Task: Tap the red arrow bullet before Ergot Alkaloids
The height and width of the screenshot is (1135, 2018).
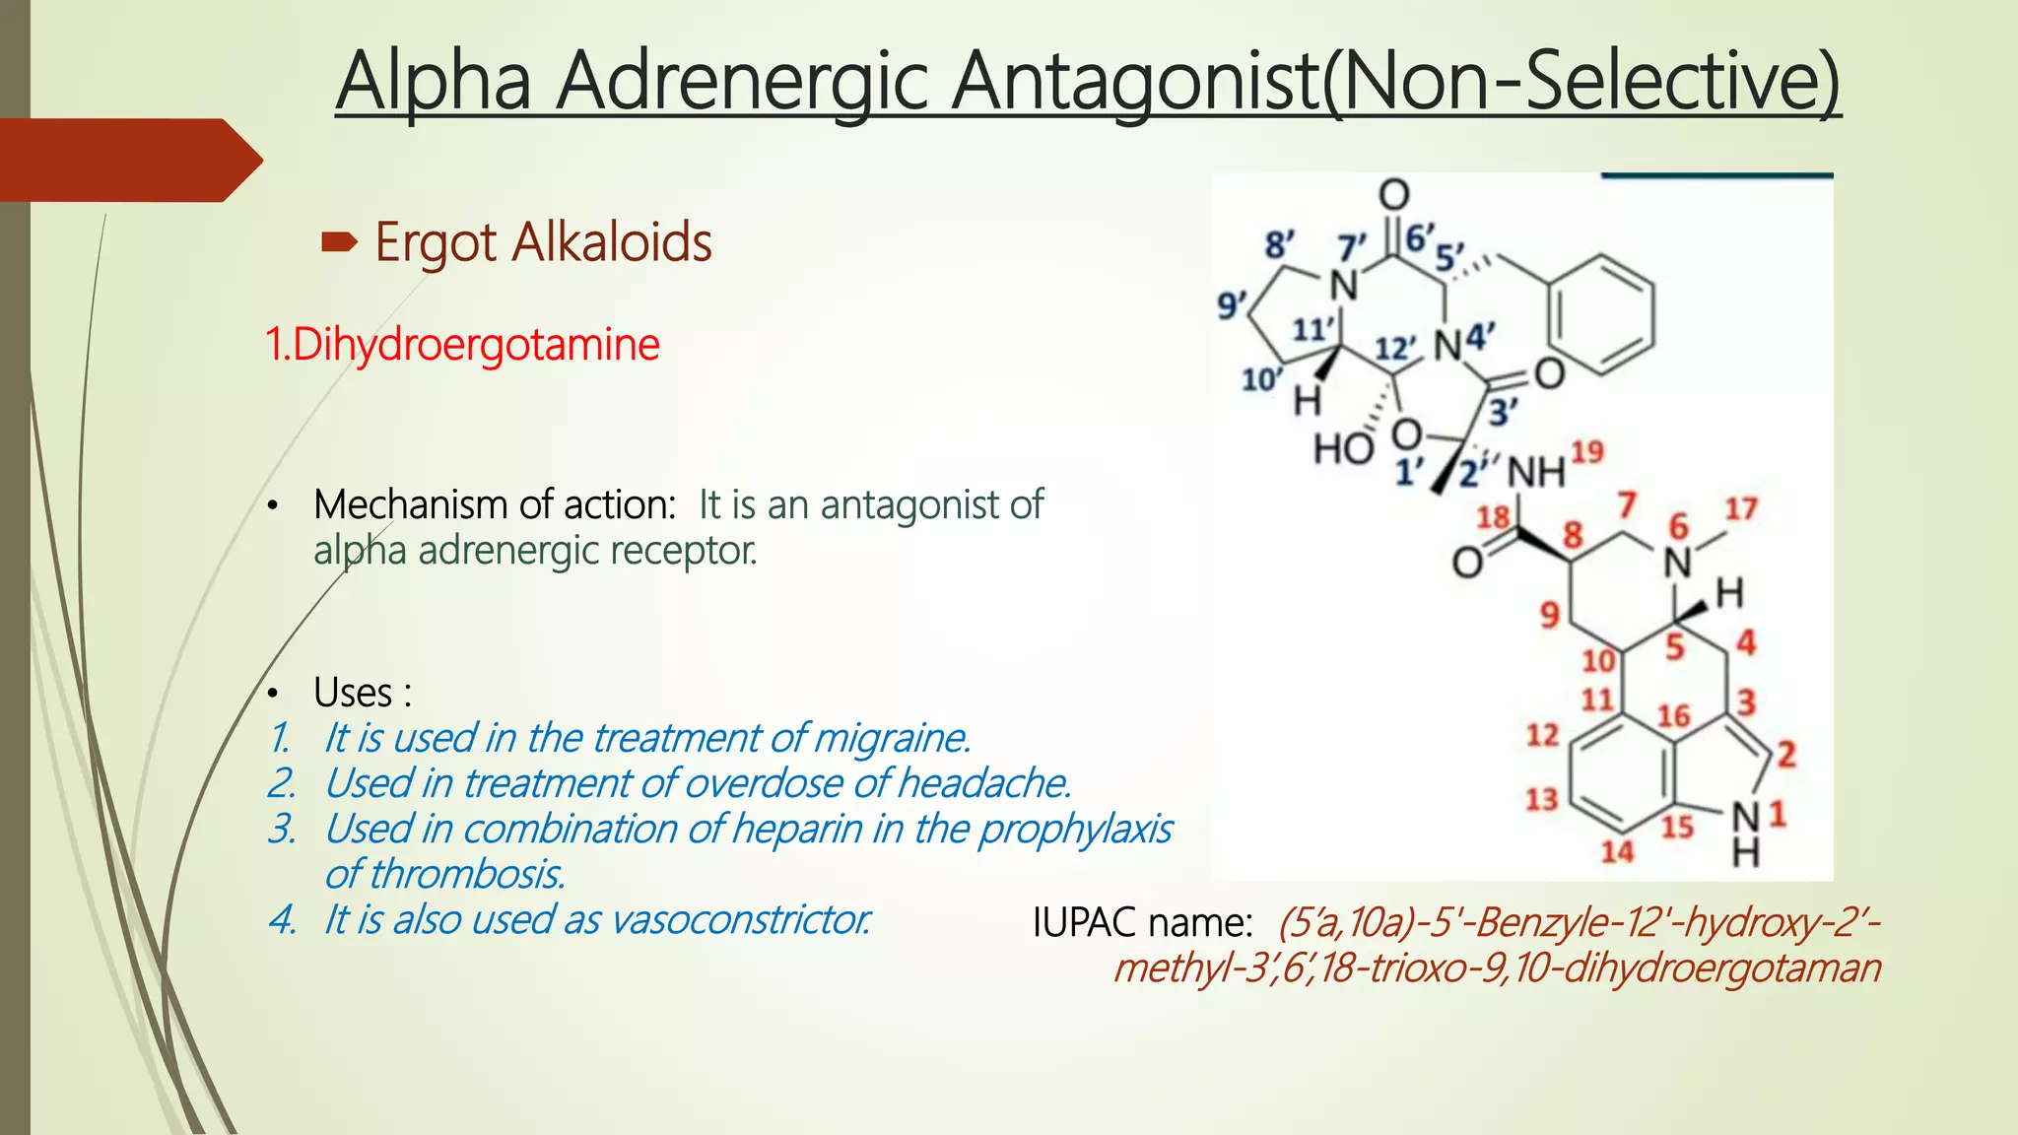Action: click(339, 241)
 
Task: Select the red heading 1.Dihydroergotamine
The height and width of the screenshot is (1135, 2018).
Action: click(462, 345)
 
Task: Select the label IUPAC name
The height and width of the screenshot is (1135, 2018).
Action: click(1142, 923)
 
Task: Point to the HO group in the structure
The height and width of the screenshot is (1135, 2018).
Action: click(1343, 448)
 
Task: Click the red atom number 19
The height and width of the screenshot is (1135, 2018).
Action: click(1587, 452)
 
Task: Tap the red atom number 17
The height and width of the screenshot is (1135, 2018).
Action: click(1740, 508)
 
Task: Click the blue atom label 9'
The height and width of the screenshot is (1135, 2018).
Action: click(1232, 304)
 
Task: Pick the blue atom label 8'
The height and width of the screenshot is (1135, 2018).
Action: click(1279, 244)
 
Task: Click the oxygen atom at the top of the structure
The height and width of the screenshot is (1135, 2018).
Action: click(1393, 194)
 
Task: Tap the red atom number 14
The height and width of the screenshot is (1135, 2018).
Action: click(1617, 851)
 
